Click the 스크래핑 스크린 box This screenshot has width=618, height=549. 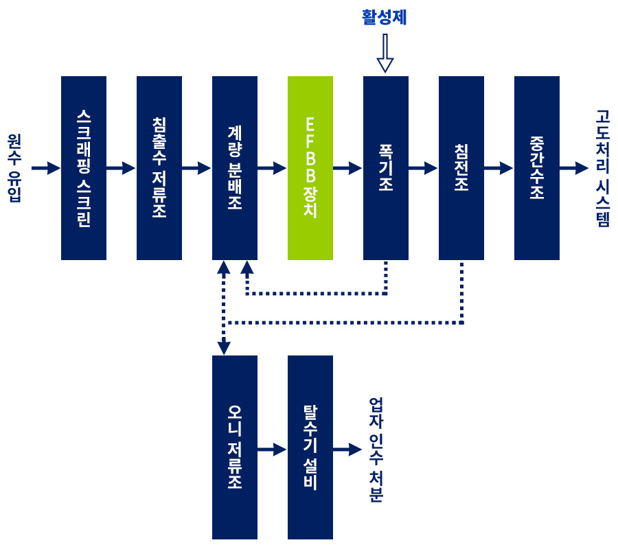point(84,168)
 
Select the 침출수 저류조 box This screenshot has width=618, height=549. point(159,168)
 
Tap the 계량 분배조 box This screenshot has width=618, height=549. point(235,168)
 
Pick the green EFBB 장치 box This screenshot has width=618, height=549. point(310,168)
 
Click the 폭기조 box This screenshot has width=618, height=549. point(386,168)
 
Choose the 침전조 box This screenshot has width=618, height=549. point(461,168)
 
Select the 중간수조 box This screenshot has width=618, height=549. point(537,168)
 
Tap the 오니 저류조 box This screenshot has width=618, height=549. point(235,447)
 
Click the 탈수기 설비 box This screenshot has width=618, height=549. point(310,447)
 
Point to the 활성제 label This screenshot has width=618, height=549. point(385,17)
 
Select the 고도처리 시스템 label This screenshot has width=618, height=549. point(603,168)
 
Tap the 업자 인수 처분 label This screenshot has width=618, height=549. point(376,449)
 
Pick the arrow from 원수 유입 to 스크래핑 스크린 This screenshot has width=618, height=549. point(46,168)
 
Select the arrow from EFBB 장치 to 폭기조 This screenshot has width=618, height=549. point(347,167)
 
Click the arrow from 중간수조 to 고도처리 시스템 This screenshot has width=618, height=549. point(574,168)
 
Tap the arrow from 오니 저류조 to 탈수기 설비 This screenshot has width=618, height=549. point(272,449)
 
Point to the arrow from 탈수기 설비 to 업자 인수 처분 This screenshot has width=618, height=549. point(347,449)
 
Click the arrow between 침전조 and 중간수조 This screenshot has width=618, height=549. point(499,167)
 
